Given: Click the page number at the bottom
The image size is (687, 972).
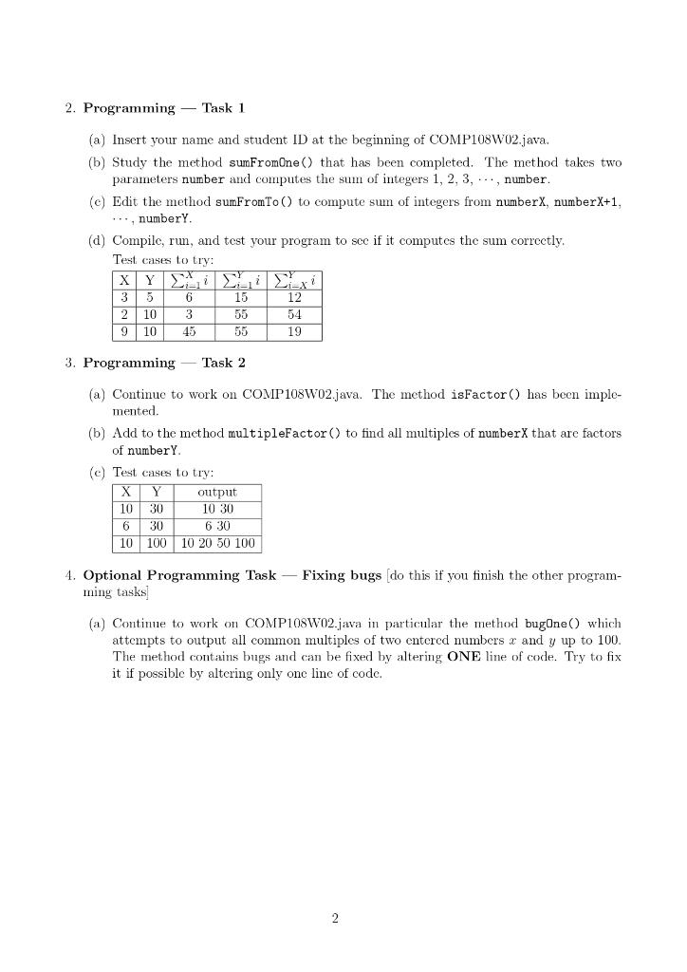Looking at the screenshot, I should (x=335, y=918).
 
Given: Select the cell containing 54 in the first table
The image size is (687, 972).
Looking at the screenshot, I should (x=294, y=313).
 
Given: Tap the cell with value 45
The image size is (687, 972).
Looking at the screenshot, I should (x=189, y=331).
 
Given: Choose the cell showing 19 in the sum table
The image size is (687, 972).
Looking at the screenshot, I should (x=294, y=331).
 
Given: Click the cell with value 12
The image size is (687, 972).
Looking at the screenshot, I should (x=294, y=295).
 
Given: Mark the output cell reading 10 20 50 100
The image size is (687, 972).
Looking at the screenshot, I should (x=217, y=544).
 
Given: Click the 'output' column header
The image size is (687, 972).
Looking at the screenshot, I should (x=217, y=492).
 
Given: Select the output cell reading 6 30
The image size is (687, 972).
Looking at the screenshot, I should (x=217, y=527).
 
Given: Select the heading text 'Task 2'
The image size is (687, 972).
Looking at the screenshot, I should (x=223, y=363).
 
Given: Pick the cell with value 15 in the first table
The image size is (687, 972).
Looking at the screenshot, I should (x=241, y=295).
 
